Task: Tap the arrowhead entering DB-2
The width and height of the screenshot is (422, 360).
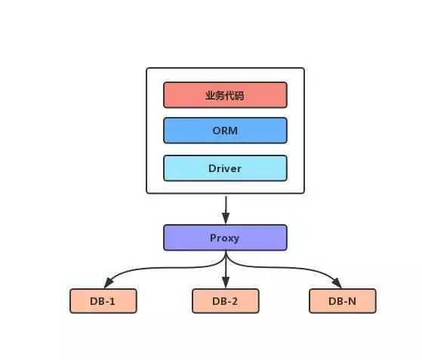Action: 225,284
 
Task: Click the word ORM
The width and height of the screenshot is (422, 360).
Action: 225,131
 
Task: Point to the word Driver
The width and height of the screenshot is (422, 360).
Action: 225,168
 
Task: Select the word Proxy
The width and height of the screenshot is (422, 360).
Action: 225,237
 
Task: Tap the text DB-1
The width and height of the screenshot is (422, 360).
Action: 103,301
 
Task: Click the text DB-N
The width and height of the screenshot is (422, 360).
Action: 342,301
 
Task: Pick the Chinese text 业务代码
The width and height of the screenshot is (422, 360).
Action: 225,95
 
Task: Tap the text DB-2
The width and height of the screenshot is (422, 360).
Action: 225,301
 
